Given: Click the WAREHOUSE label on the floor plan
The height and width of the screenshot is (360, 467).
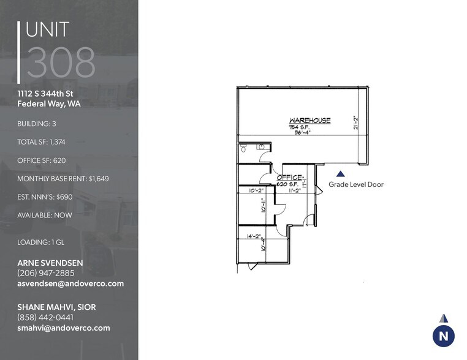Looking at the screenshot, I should tap(310, 121).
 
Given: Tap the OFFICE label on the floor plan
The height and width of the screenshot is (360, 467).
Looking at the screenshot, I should tap(290, 177).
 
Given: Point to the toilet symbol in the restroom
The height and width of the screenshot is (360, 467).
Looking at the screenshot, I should tap(243, 148).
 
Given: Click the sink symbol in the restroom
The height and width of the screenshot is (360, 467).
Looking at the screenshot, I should tap(260, 146).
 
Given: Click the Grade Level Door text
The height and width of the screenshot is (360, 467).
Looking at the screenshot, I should tap(356, 184).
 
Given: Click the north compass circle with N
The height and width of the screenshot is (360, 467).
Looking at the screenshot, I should tap(443, 336).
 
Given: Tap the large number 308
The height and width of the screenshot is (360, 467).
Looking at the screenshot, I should tap(61, 62).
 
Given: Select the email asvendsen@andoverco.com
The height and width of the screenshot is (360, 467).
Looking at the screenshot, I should tap(70, 283).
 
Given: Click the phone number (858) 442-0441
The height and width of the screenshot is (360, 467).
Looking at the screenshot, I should tap(45, 317).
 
